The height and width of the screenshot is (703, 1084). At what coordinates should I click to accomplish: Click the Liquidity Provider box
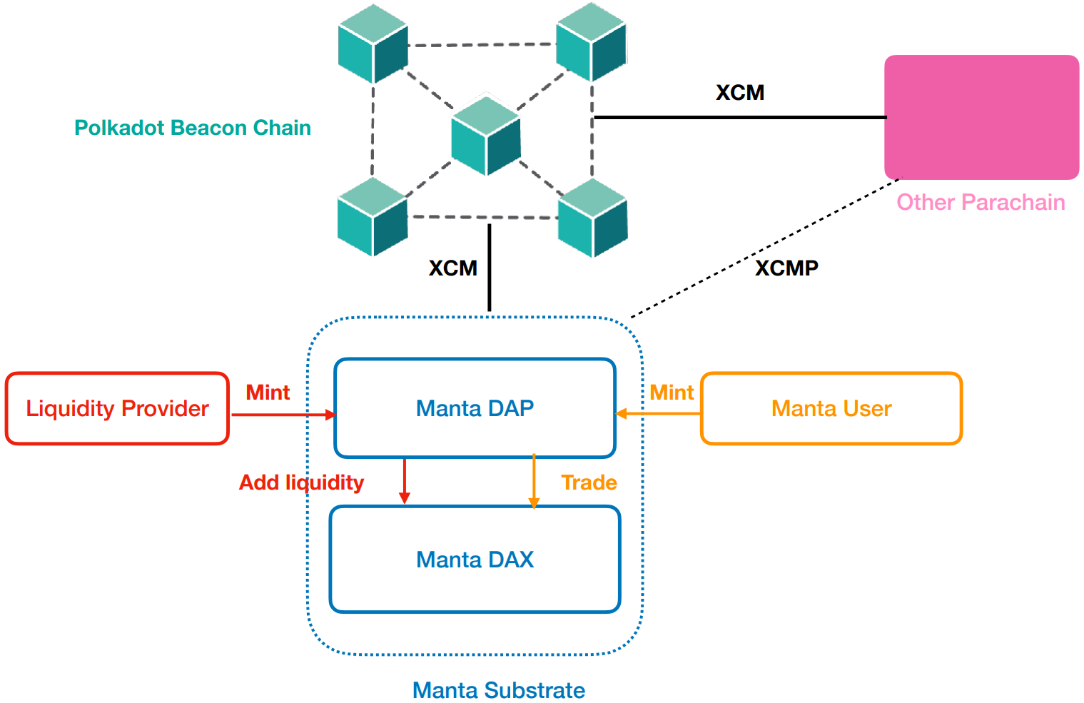click(117, 408)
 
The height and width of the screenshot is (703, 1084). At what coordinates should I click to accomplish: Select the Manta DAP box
click(475, 408)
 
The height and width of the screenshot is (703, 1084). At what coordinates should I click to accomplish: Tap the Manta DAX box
click(475, 560)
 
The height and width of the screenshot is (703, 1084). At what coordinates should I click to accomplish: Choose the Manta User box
click(831, 408)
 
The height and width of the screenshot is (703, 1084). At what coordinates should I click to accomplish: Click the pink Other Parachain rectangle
click(981, 117)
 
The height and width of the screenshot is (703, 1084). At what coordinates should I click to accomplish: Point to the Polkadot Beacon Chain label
click(193, 128)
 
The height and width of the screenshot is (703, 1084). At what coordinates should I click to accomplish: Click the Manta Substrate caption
click(499, 690)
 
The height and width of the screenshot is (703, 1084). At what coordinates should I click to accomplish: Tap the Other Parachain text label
click(981, 203)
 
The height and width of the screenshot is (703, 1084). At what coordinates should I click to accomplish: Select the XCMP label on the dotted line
click(786, 268)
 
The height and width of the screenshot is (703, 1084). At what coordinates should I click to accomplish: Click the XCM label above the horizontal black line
click(740, 93)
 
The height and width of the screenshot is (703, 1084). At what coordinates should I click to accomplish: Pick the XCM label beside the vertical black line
click(453, 268)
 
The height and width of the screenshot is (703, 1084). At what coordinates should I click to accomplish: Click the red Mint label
click(268, 393)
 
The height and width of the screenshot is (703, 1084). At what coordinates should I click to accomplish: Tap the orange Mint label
click(672, 393)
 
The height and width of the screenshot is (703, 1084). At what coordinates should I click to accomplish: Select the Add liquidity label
click(301, 482)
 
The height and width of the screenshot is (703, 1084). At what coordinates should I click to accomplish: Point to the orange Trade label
click(589, 482)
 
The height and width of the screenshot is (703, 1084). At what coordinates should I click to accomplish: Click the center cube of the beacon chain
click(486, 136)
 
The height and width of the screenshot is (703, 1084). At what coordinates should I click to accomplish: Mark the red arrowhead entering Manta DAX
click(405, 498)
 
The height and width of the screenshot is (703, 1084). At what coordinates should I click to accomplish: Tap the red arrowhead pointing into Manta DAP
click(330, 415)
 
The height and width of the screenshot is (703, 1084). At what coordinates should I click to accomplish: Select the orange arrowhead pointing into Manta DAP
click(621, 414)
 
